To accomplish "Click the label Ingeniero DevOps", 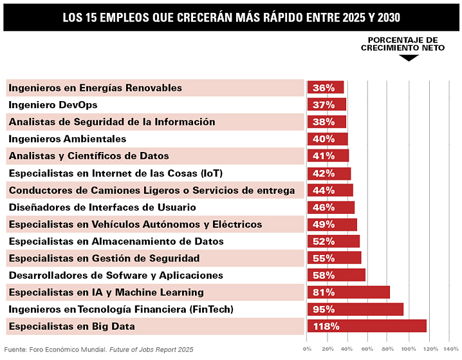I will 53,104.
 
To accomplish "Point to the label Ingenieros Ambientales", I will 68,138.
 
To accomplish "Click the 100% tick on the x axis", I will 409,348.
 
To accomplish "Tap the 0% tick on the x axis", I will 308,348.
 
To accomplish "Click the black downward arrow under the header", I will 409,57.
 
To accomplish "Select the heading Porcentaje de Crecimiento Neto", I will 399,44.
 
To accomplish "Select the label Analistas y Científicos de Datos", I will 89,156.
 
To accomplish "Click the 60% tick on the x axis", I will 367,348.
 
